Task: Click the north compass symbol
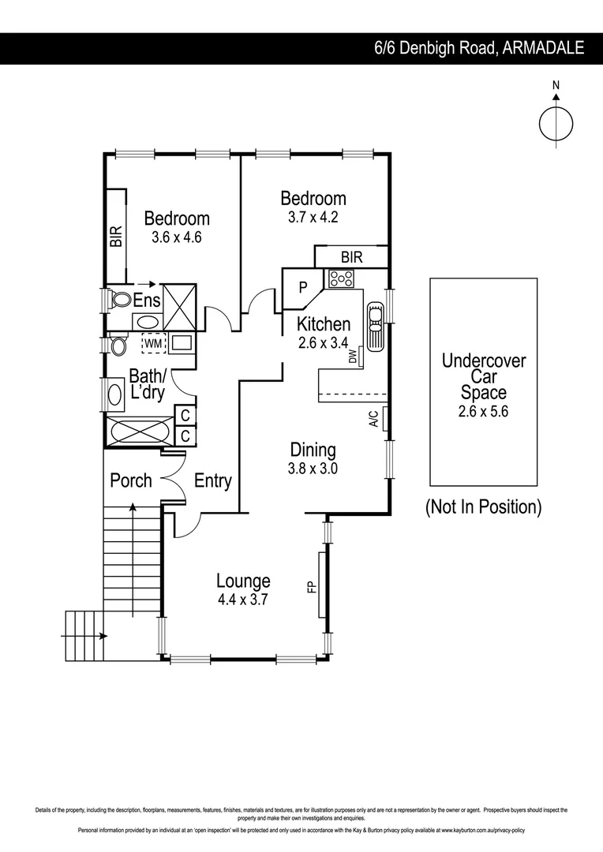(556, 122)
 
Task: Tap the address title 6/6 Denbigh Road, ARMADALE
(479, 48)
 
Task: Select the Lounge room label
(243, 581)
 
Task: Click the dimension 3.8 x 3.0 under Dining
(313, 468)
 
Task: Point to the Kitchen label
(324, 323)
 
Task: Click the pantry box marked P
(301, 288)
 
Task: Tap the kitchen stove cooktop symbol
(341, 278)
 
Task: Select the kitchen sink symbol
(375, 323)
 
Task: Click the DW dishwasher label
(352, 357)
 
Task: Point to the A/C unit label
(373, 419)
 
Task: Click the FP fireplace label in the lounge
(311, 586)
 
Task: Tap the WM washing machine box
(153, 343)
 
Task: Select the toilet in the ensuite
(120, 300)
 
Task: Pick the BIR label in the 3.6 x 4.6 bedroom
(116, 237)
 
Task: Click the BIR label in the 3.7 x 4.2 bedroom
(351, 257)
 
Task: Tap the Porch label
(131, 480)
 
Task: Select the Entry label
(212, 480)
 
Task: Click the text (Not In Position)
(483, 507)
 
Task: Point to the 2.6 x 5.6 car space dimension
(483, 411)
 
